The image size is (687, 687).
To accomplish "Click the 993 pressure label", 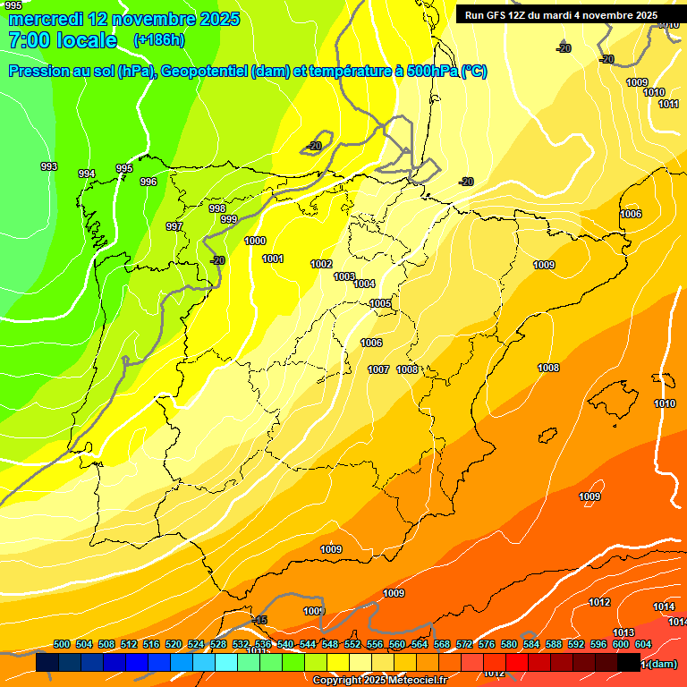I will pos(49,166).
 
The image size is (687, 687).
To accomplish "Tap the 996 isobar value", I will pos(148,182).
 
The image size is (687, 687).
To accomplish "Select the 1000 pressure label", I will pos(255,241).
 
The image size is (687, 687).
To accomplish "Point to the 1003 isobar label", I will pos(344,276).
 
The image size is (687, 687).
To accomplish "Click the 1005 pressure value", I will pos(380,303).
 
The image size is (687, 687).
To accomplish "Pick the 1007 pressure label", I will pos(378,369).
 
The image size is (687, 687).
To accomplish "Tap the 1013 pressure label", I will pos(623,632).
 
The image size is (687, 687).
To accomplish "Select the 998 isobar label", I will pos(217,208).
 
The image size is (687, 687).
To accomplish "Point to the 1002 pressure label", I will pos(321,264).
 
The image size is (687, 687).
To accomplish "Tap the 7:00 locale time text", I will pos(63,40).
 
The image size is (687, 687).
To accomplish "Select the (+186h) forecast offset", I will pos(158,40).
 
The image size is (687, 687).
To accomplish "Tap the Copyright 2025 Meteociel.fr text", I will pos(379,681).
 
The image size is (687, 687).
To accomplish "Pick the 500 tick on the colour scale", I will pos(62,644).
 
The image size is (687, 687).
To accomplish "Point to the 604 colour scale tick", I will pos(643,644).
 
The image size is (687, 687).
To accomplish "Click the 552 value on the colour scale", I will pos(352,644).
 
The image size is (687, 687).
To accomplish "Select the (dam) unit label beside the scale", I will pos(663,664).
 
